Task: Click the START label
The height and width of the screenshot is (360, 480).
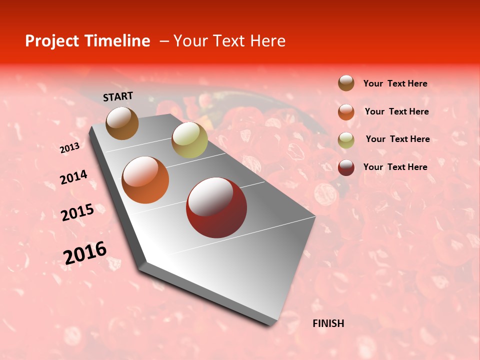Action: tap(118, 96)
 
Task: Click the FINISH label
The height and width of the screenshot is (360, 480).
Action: tap(328, 323)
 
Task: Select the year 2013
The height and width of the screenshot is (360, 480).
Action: tap(69, 148)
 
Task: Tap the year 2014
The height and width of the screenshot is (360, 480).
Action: tap(73, 177)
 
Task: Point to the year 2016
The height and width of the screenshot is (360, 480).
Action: tap(85, 253)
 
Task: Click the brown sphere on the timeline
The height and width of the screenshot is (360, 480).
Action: tap(122, 123)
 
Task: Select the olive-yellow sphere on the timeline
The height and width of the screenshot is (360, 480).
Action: tap(189, 140)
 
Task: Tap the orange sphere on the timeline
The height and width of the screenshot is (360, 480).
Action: tap(145, 180)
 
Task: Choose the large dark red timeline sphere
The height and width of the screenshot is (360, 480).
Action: tap(216, 207)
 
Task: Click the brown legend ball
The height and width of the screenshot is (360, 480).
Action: tap(346, 83)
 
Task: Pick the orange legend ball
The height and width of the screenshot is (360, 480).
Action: tap(346, 111)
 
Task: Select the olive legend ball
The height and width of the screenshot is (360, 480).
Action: tap(346, 139)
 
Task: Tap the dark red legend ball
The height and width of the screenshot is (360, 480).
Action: tap(346, 167)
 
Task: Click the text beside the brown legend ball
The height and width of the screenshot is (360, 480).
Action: tap(395, 83)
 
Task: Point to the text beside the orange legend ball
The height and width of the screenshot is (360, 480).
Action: tap(396, 111)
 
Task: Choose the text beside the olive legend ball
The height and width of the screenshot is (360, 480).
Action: tap(397, 139)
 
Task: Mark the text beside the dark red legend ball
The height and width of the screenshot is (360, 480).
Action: tap(395, 167)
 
